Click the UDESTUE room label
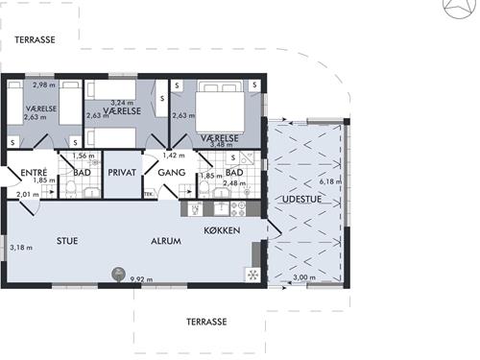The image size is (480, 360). coord(301,199)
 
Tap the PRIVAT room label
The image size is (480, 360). coord(122,173)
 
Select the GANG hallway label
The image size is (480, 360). coord(172,173)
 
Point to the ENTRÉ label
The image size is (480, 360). coord(34,173)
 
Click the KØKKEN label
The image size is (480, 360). coord(222,230)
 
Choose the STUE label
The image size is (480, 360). coord(67,241)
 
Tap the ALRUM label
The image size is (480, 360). coord(166,241)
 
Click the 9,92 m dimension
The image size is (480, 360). coord(141,279)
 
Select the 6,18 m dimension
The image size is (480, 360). coord(330,181)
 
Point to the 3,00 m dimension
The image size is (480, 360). coord(304,277)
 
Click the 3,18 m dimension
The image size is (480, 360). coord(21,248)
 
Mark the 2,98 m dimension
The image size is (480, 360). coord(44,84)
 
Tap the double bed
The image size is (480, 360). coord(220,107)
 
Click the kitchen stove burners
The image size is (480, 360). coord(238,208)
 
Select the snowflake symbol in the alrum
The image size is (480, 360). coord(252,275)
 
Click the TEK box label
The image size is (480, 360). coord(149,194)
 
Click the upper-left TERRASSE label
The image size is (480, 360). coord(35,39)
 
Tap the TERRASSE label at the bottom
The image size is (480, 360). coord(206,322)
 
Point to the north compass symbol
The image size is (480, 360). coord(460,7)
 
